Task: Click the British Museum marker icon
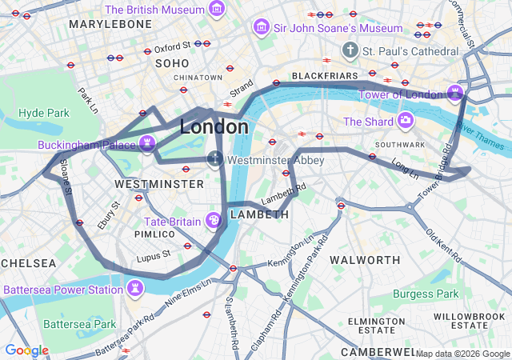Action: [x=216, y=10]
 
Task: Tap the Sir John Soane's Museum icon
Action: [x=261, y=28]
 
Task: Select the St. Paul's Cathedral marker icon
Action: [x=349, y=51]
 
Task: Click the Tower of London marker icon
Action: [x=455, y=94]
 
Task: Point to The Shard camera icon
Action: [x=406, y=122]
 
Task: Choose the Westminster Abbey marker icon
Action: [x=214, y=159]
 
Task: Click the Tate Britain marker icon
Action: [x=214, y=220]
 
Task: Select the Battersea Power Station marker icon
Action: [x=135, y=289]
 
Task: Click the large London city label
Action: [x=214, y=126]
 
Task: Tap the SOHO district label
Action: [x=172, y=62]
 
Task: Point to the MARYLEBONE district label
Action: [x=110, y=24]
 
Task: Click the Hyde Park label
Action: [x=44, y=113]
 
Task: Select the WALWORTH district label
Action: [x=365, y=260]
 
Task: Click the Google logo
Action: [x=26, y=350]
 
